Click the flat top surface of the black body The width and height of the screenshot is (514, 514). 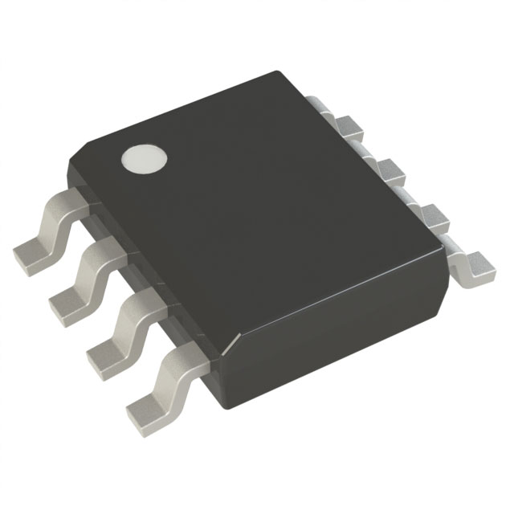click(257, 201)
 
